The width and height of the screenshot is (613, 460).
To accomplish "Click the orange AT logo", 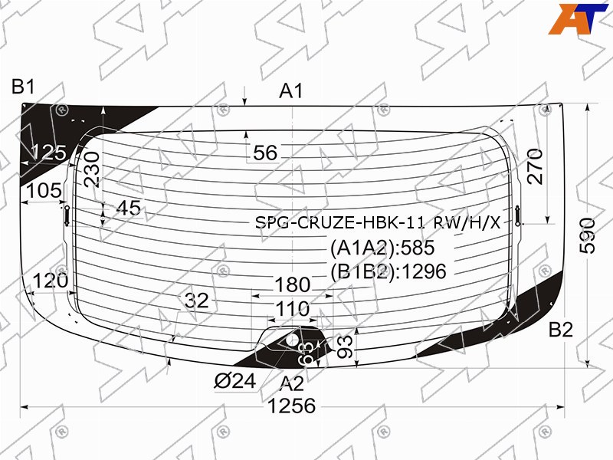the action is tap(578, 18).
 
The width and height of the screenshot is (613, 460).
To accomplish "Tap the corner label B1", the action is tap(24, 87).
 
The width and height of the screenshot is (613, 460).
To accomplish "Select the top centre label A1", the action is tap(291, 91).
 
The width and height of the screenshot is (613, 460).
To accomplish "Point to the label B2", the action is tap(561, 330).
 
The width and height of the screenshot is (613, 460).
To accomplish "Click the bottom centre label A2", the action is tap(292, 384).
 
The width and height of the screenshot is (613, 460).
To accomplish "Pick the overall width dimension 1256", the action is tap(292, 406).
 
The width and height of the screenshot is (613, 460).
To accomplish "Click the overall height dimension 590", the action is tap(588, 236).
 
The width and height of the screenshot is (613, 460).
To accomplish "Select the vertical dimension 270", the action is tap(535, 166).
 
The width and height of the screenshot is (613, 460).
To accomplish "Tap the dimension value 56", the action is tap(265, 153).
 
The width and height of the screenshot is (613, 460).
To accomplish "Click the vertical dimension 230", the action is tap(92, 169).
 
